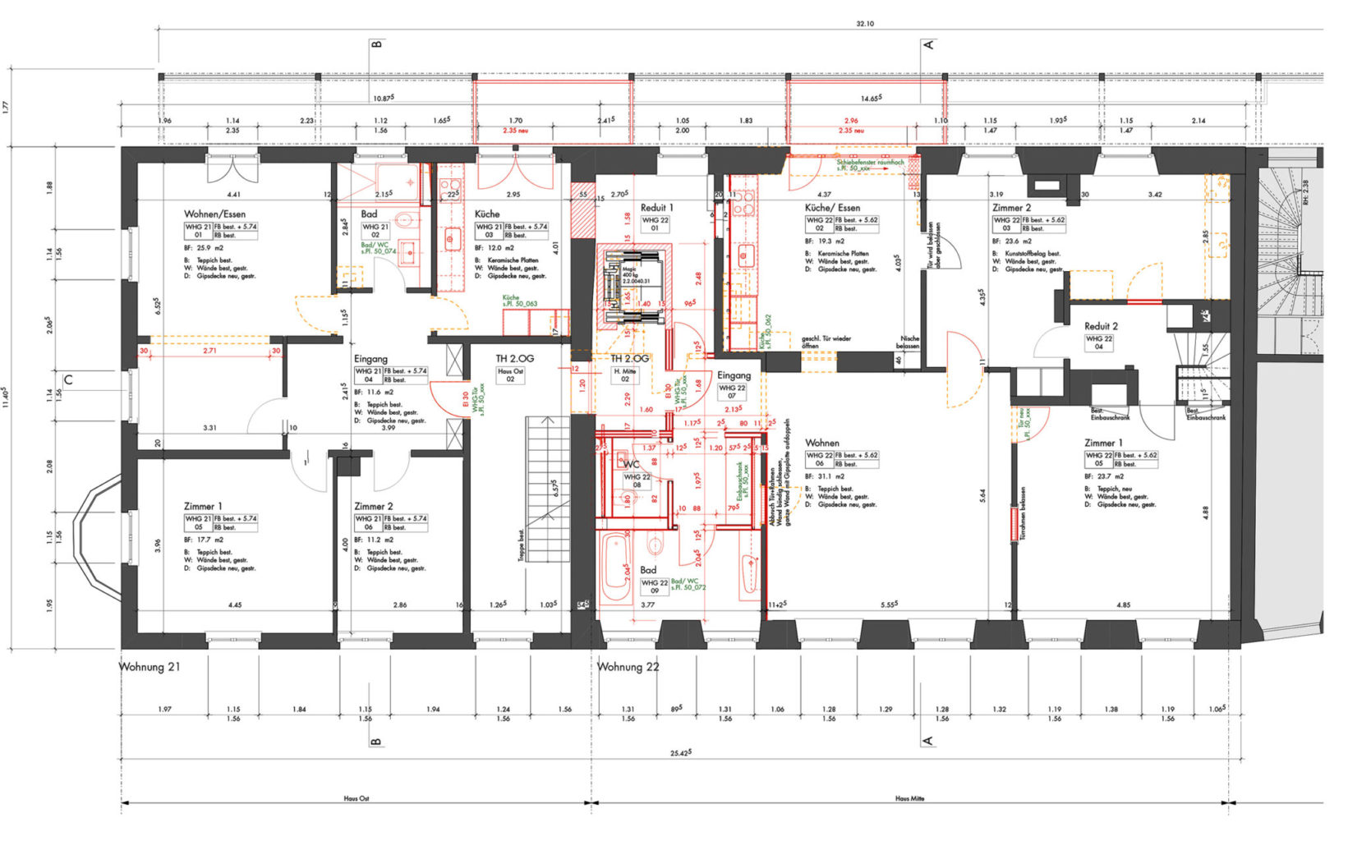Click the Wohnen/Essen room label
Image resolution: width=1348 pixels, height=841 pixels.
[x=214, y=214]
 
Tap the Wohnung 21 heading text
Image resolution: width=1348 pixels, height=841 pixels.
[x=150, y=667]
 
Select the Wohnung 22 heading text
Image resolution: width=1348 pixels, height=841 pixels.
[x=628, y=667]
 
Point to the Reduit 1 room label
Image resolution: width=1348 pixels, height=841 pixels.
[x=656, y=208]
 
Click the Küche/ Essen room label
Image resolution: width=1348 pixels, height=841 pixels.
[x=832, y=208]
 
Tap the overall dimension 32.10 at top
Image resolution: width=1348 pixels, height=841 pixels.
[x=865, y=24]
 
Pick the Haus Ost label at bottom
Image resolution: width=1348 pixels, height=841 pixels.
[x=356, y=798]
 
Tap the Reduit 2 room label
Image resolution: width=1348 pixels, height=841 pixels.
[x=1101, y=326]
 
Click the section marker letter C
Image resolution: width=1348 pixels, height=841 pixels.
[x=69, y=379]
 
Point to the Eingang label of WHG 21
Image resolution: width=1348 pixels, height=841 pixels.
[x=370, y=359]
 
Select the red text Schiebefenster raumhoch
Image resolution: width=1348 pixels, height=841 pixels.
[x=871, y=163]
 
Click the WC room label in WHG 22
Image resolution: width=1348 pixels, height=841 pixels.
[x=631, y=465]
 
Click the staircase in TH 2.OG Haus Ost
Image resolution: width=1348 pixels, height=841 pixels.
[x=547, y=489]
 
